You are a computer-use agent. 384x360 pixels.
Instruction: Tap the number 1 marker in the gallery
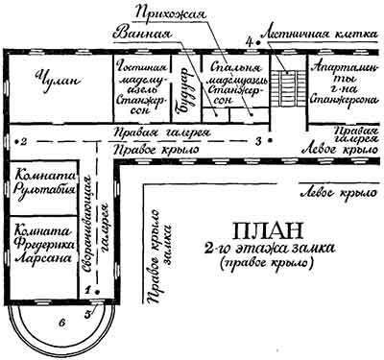tap(85, 287)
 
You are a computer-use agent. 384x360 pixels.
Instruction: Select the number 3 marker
tap(258, 141)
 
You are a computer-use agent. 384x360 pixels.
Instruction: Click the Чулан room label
tap(48, 83)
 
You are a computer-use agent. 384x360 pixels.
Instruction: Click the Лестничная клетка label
tap(307, 44)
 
